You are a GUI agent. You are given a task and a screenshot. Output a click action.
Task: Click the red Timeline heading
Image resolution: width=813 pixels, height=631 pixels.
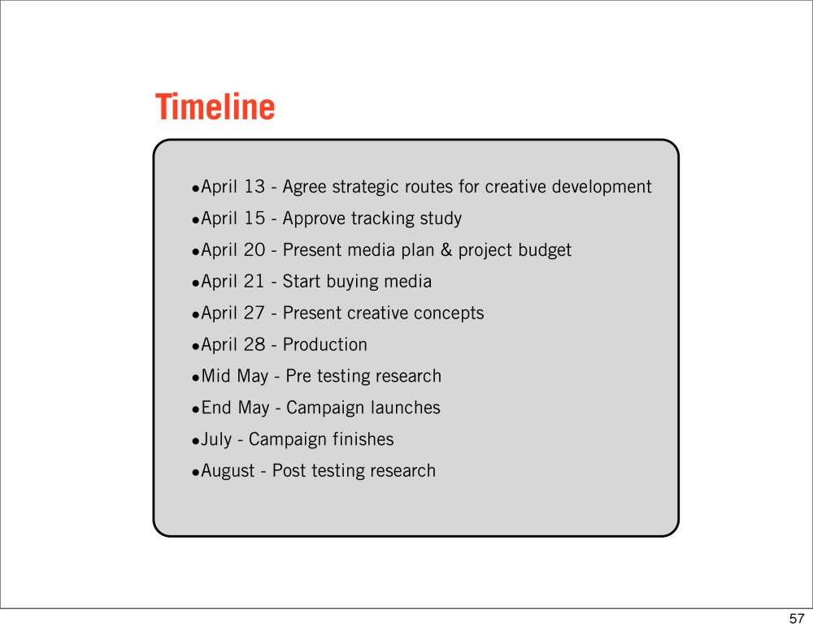click(215, 106)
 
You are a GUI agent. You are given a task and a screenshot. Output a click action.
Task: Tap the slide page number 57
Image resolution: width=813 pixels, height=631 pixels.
click(797, 619)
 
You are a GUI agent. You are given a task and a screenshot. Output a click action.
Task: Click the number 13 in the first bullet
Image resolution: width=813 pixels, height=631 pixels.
click(254, 187)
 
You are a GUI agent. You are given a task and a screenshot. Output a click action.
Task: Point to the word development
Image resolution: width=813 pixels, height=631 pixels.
click(602, 188)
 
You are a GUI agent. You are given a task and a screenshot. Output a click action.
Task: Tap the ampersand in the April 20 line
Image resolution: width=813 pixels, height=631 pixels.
click(446, 250)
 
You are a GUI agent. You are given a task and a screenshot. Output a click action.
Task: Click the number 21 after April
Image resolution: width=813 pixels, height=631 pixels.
click(254, 281)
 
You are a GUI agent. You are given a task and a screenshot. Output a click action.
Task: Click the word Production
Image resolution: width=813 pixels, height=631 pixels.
click(324, 344)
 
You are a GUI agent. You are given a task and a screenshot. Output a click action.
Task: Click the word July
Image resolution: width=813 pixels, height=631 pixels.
click(216, 440)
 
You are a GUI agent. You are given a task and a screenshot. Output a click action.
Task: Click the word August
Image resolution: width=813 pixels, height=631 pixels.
click(228, 472)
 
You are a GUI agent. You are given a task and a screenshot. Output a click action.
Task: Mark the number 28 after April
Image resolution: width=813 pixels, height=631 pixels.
click(254, 344)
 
